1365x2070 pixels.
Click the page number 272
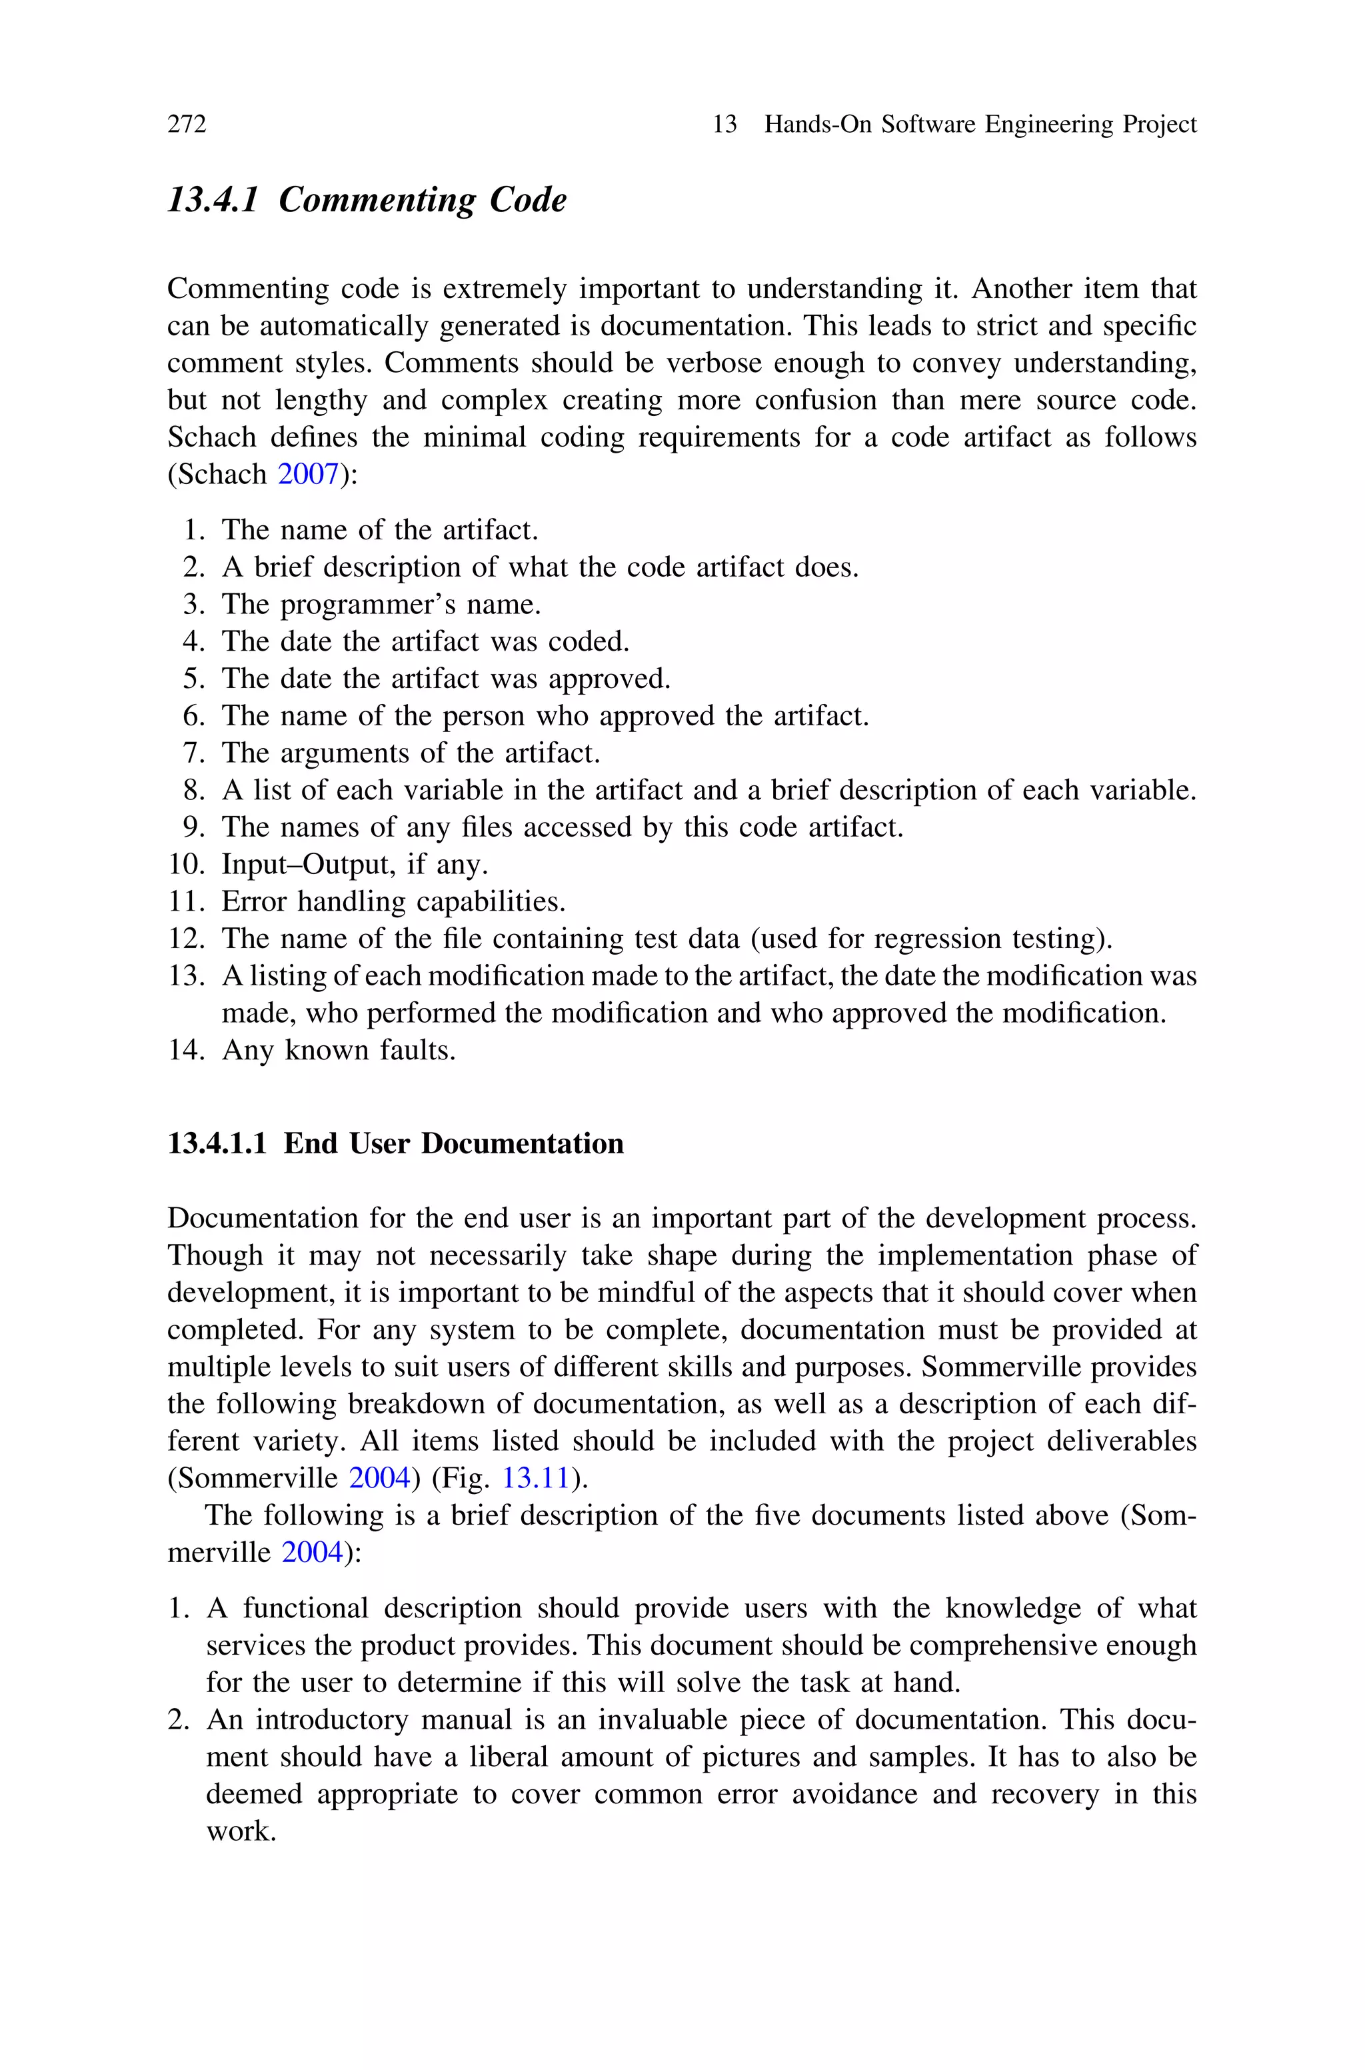(187, 125)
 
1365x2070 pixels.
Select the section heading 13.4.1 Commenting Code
(367, 200)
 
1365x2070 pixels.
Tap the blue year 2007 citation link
(307, 475)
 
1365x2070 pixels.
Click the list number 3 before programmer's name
(193, 604)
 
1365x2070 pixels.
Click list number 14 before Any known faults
(185, 1050)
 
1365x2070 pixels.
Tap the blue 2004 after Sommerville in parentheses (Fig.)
(378, 1478)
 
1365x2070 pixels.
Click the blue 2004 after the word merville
(312, 1552)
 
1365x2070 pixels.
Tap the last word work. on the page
(240, 1831)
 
